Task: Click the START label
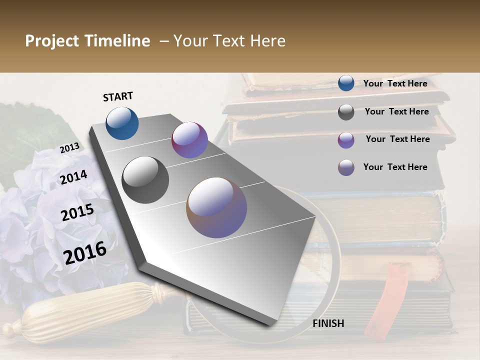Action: [118, 96]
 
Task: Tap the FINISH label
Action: [328, 323]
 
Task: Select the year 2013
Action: [69, 148]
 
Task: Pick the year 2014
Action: [73, 177]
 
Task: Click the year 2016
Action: [85, 252]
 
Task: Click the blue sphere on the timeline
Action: [122, 123]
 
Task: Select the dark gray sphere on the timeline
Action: [145, 180]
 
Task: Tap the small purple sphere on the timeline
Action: [189, 140]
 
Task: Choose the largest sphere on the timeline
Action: [216, 207]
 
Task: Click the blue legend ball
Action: [346, 83]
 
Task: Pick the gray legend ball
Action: [346, 112]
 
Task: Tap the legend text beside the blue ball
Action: [395, 83]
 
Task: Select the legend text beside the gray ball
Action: [396, 111]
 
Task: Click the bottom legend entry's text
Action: [395, 167]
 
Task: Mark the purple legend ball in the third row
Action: [346, 140]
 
